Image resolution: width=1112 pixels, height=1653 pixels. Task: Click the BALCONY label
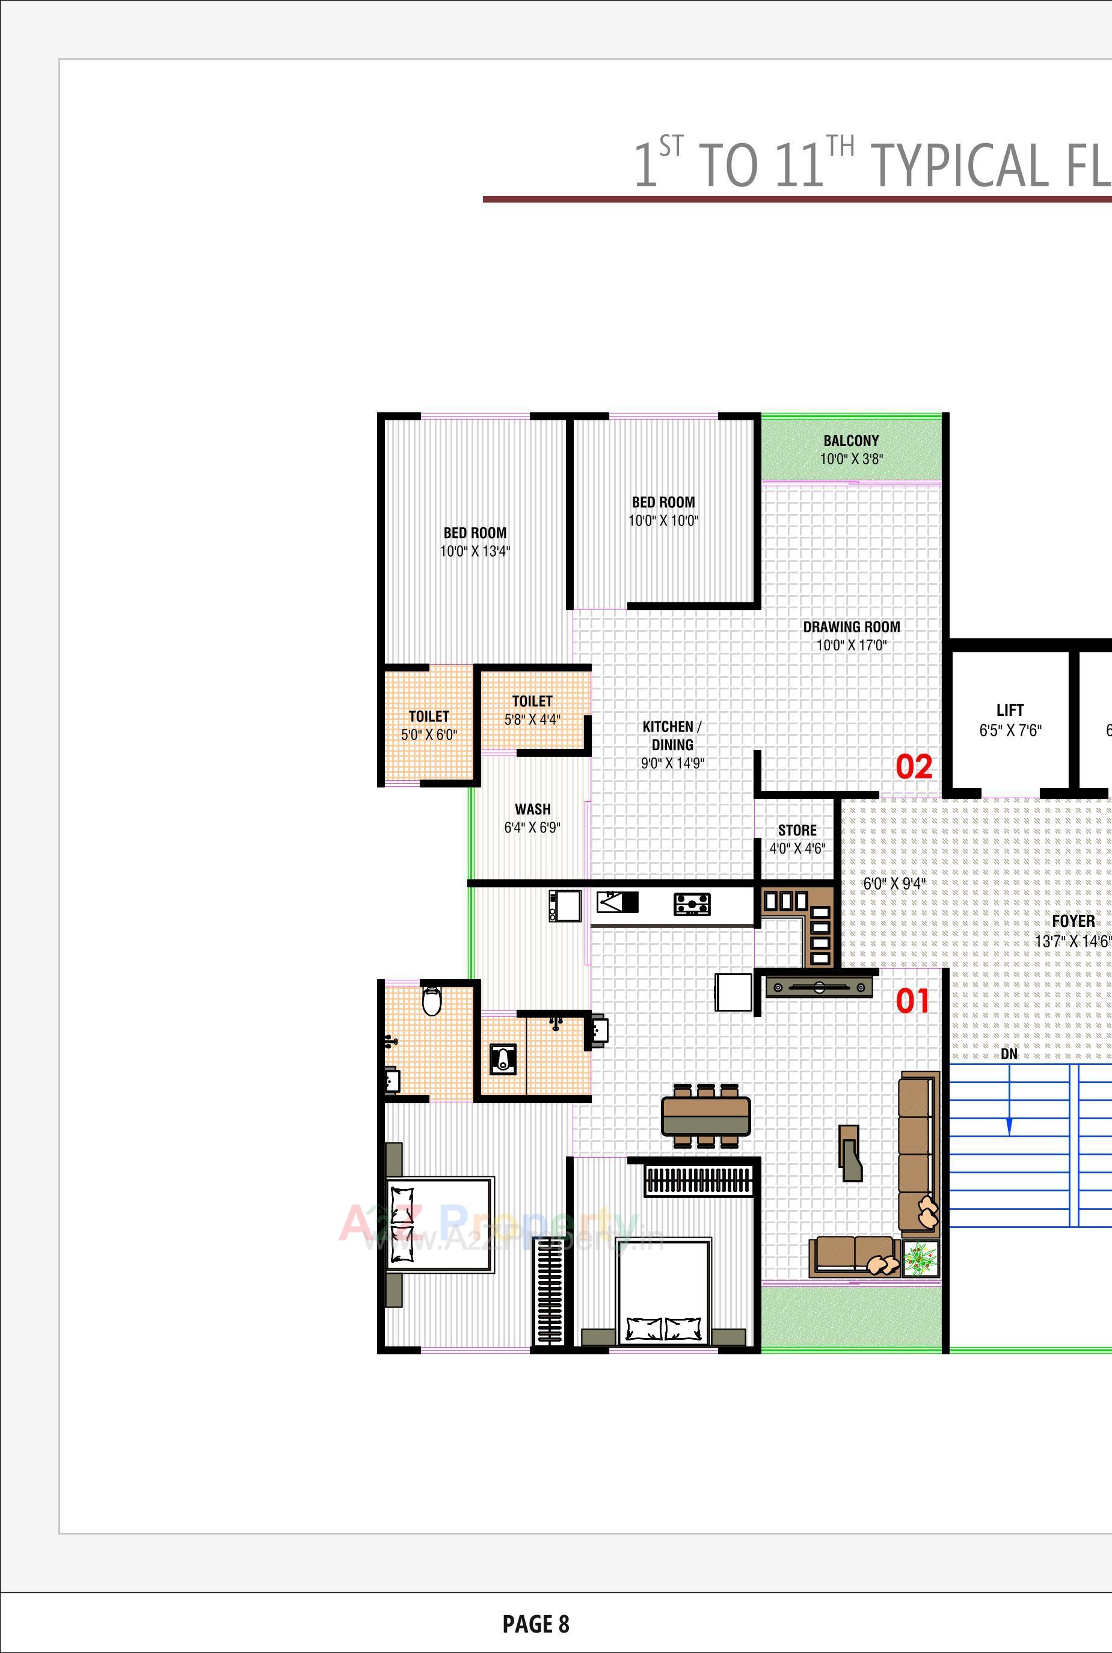tap(851, 440)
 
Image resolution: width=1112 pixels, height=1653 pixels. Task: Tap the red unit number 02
tap(914, 767)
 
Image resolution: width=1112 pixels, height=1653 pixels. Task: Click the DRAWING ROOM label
tap(851, 626)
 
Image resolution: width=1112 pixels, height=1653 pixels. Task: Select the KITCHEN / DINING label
tap(672, 736)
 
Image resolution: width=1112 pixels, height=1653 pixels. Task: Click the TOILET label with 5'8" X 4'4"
tap(532, 701)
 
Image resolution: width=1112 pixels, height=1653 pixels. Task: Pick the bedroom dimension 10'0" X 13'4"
tap(475, 551)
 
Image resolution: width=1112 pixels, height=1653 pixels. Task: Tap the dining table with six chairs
tap(705, 1116)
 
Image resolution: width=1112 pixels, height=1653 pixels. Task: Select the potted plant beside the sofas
tap(921, 1258)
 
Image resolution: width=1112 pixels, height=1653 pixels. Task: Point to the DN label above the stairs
tap(1009, 1054)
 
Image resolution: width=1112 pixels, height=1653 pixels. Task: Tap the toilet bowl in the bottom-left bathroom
tap(431, 1000)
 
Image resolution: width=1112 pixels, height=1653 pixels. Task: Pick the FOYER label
tap(1072, 921)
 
